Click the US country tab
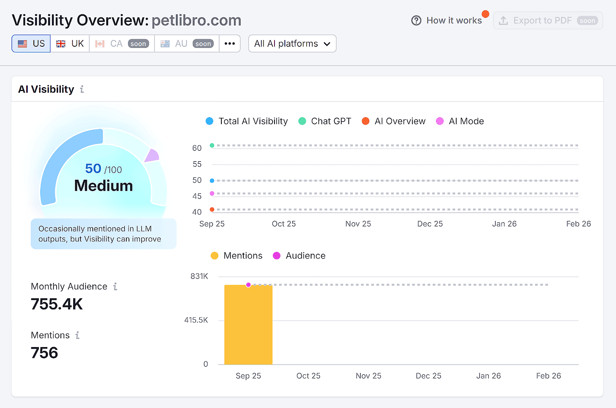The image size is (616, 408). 31,44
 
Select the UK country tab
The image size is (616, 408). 70,44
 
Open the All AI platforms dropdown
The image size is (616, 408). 292,44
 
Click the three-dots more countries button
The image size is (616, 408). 230,44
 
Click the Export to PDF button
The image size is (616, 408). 548,20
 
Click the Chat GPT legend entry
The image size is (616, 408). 325,121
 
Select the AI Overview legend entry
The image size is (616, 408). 394,121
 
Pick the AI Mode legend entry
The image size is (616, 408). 460,121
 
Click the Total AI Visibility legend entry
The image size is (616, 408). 247,121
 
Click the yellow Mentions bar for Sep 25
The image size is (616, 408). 248,328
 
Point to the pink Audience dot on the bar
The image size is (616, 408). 248,285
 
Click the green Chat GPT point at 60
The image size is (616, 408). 212,145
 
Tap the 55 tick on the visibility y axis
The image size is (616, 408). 197,164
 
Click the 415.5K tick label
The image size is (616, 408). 196,320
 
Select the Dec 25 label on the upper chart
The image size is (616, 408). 430,224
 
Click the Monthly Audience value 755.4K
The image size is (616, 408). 57,304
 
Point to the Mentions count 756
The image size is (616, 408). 44,353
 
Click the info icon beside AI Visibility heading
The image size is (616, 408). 82,89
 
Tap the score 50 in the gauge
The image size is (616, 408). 93,169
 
